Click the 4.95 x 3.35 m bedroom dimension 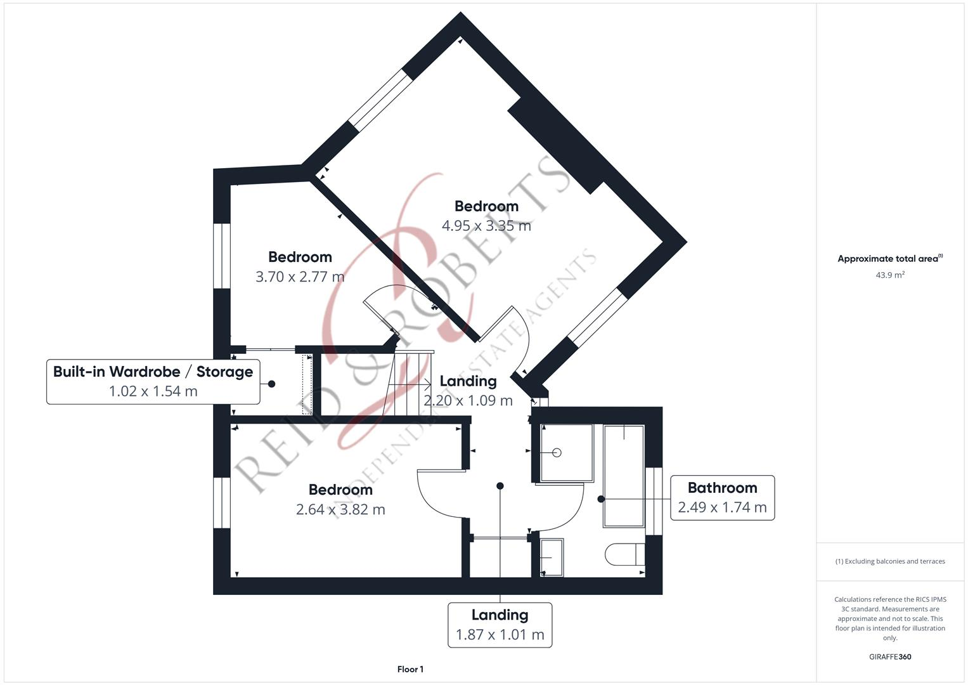(486, 226)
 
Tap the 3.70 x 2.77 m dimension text (300, 277)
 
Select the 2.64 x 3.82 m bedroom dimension (340, 509)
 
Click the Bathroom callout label (722, 488)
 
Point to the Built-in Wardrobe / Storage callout (153, 372)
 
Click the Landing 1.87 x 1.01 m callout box (500, 625)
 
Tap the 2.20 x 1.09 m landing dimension (468, 400)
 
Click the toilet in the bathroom (624, 554)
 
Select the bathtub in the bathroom (624, 476)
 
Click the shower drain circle (557, 452)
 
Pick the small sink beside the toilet (552, 558)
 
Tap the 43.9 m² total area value (889, 275)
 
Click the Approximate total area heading (889, 259)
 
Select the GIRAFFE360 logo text (889, 656)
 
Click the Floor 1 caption (410, 669)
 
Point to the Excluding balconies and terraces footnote (889, 561)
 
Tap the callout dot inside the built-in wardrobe (271, 384)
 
